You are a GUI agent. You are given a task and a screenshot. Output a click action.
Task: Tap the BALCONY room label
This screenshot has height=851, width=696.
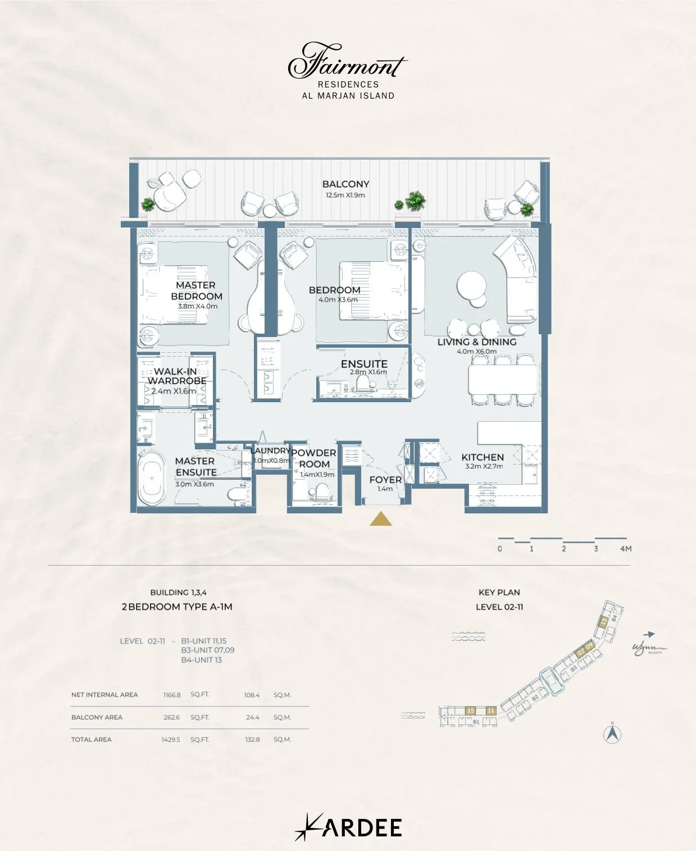pos(345,184)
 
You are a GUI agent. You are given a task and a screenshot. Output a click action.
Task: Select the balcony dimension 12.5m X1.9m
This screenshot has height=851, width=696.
pos(345,195)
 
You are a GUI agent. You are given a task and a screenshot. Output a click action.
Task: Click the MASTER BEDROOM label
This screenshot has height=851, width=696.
pos(196,290)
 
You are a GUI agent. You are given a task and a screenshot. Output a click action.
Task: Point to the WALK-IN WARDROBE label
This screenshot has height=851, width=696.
pos(176,376)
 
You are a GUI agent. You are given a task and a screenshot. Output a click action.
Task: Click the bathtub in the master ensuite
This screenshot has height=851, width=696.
pos(152,478)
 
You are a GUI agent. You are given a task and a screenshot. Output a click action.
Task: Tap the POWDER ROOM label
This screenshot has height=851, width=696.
pos(314,458)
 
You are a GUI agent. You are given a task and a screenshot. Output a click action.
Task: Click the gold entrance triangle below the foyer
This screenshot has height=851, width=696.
pos(381,520)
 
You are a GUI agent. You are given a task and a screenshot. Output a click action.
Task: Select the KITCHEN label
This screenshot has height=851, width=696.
pos(483,457)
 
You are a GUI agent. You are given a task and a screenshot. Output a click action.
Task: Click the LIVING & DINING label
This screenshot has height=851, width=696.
pos(477,342)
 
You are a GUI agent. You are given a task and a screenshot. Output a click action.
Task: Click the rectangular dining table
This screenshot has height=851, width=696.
pos(503,379)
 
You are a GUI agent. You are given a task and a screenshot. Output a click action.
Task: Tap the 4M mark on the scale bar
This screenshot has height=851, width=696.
pos(625,549)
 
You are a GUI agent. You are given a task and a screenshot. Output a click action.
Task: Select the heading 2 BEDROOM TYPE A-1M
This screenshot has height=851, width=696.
pos(177,607)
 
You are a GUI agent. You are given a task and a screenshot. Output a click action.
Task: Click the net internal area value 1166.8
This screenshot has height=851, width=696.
pos(172,695)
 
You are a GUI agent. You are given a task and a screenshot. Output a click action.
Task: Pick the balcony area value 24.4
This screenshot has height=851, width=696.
pos(252,717)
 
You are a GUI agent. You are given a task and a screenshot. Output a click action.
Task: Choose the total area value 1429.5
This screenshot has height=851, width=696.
pos(171,740)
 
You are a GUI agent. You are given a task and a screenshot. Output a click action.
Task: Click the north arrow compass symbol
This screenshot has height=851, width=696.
pos(612,734)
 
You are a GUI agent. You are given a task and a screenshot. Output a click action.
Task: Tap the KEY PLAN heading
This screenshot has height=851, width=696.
pos(499,593)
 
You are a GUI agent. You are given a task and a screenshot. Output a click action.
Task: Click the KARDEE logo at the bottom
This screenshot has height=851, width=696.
pos(348,827)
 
